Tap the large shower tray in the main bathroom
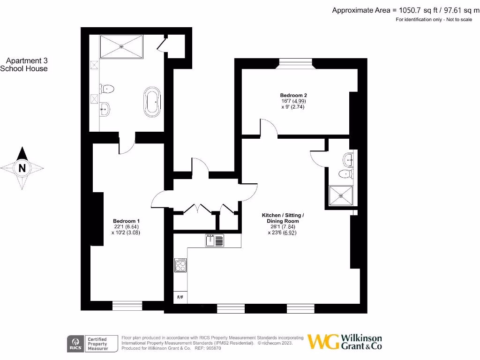[x=122, y=46]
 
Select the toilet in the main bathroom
[x=107, y=89]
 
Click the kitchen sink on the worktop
[x=214, y=240]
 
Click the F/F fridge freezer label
[x=180, y=298]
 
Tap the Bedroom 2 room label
[x=293, y=95]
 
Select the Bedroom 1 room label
[x=126, y=221]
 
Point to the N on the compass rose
[x=22, y=167]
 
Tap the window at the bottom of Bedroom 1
[x=127, y=306]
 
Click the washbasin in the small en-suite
[x=348, y=159]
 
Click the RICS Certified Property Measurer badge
[x=89, y=343]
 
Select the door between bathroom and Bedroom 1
[x=127, y=144]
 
